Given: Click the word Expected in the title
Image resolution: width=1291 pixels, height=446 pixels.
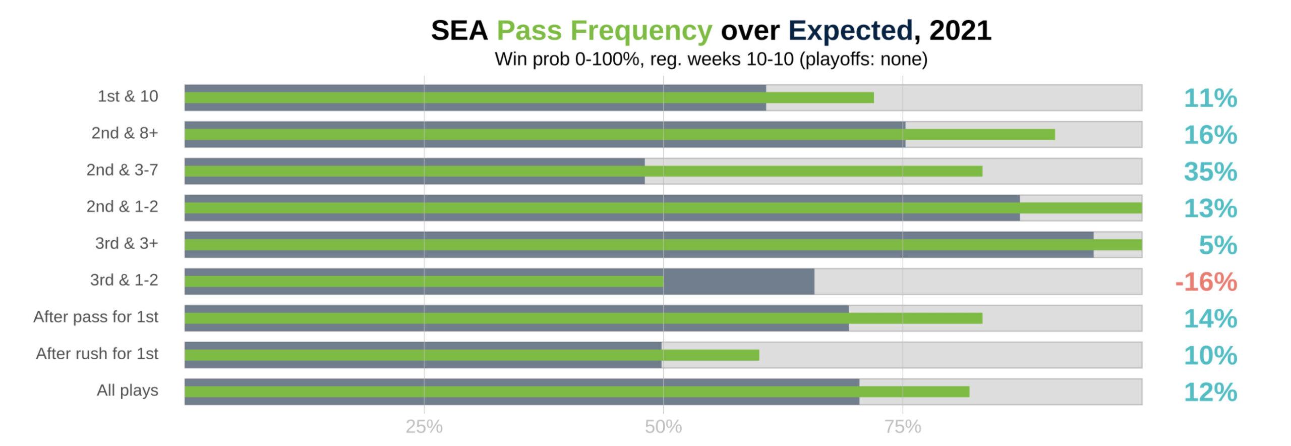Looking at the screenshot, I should [x=850, y=30].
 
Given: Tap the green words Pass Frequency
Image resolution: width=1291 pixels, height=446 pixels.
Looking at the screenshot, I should [x=604, y=30].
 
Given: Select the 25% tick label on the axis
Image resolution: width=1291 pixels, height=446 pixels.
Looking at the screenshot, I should [x=424, y=427].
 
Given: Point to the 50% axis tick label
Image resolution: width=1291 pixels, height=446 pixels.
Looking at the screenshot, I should [x=663, y=427].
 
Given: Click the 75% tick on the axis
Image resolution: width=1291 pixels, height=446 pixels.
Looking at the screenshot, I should [x=903, y=427].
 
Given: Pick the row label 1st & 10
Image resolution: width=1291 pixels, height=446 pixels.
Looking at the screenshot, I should [x=128, y=96].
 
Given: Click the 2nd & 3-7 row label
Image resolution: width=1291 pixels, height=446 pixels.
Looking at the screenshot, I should [x=122, y=170].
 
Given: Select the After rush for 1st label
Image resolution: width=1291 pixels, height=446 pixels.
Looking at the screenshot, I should [x=97, y=354].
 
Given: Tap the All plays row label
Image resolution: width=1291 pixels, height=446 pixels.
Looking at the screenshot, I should [x=127, y=391].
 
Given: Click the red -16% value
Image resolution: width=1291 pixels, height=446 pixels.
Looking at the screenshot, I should [x=1206, y=282].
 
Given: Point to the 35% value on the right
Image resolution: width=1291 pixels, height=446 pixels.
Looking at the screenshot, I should [x=1210, y=172].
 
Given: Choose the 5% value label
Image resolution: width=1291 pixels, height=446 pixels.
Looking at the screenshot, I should [x=1217, y=245].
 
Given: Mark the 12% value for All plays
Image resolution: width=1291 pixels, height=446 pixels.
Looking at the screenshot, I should [x=1210, y=392].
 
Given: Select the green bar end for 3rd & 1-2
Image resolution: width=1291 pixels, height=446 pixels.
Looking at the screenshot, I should [x=662, y=282].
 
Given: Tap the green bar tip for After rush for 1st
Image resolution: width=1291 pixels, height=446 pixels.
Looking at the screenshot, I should [x=757, y=355].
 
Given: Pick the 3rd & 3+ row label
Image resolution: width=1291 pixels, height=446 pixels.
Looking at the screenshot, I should [x=127, y=243].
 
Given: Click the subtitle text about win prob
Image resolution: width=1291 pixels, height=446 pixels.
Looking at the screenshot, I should [x=711, y=60].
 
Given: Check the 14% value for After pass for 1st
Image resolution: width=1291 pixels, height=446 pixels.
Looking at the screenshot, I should [x=1210, y=318].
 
